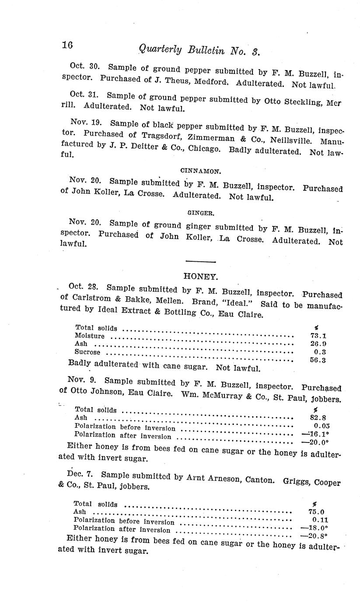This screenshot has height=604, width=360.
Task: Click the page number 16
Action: [67, 45]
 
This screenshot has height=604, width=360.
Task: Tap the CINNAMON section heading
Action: [197, 171]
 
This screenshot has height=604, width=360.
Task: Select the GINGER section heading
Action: [200, 213]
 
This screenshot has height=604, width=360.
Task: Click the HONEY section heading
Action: [201, 276]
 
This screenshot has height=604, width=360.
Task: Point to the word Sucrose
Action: [87, 352]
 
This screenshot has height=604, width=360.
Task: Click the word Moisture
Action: [90, 336]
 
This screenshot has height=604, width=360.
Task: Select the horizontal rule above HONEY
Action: [201, 262]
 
